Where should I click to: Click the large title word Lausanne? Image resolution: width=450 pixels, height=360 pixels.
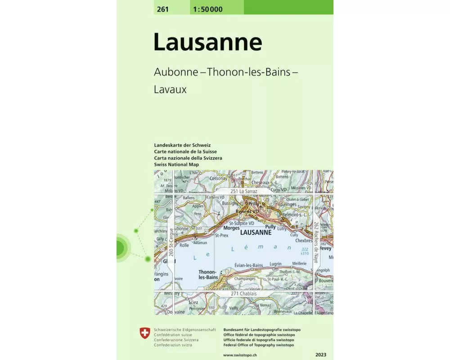click(207, 42)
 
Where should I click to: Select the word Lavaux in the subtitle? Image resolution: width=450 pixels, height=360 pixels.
click(170, 89)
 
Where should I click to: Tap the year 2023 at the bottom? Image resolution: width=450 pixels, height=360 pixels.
click(322, 355)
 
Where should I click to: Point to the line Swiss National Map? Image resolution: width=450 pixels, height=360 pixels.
click(176, 165)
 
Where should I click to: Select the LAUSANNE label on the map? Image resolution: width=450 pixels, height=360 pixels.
click(256, 233)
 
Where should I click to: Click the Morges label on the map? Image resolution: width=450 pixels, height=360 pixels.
click(231, 228)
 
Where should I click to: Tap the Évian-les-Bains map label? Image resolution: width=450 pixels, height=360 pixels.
click(249, 265)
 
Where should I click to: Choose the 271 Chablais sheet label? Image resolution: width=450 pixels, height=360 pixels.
click(243, 294)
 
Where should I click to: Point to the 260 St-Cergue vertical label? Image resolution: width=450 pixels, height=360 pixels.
click(171, 243)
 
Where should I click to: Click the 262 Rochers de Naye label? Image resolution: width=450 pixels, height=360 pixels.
click(316, 243)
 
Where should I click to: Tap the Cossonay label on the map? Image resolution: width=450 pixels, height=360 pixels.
click(219, 178)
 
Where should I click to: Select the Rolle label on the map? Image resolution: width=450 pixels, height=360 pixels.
click(184, 246)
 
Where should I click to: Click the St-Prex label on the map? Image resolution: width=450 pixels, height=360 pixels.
click(222, 235)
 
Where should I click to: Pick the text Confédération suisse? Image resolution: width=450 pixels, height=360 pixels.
click(173, 335)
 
